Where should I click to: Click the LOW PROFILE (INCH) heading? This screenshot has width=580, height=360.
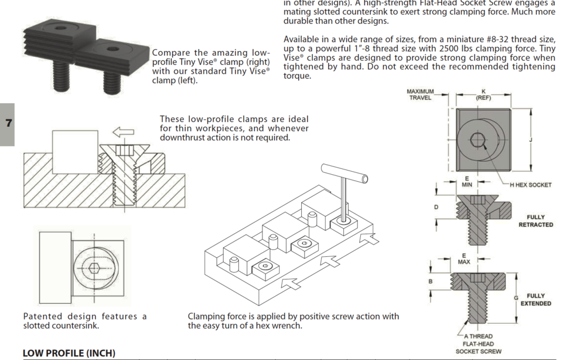(x=69, y=354)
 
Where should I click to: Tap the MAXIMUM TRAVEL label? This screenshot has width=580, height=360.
(x=420, y=94)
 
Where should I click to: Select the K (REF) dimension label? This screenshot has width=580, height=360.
(x=483, y=94)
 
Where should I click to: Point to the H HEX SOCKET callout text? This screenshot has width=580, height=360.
(x=530, y=185)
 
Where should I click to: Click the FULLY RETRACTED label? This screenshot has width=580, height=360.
(x=535, y=220)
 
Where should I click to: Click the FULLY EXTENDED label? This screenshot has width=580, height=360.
(x=535, y=300)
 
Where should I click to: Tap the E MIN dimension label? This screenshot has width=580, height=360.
(x=467, y=182)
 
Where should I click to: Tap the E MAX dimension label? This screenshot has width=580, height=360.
(x=464, y=259)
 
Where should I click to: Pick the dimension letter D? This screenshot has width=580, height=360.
(x=436, y=207)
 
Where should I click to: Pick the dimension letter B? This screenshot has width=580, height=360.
(x=431, y=281)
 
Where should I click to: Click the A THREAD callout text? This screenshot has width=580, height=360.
(x=478, y=337)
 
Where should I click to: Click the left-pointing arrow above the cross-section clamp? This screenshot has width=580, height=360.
(x=123, y=132)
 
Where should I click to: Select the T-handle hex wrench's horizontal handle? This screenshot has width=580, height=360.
(x=344, y=174)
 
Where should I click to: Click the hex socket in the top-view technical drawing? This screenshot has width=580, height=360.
(x=477, y=140)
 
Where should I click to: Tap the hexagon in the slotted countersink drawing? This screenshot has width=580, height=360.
(x=94, y=267)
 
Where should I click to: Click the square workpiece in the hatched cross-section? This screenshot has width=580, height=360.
(x=75, y=152)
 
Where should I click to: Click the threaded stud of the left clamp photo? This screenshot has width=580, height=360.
(x=61, y=77)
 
